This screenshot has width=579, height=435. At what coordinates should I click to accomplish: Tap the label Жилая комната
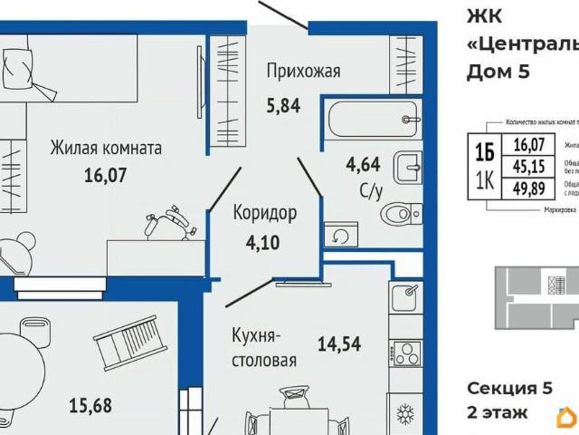coord(106,147)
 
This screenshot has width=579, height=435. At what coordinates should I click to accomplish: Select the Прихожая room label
coord(303,70)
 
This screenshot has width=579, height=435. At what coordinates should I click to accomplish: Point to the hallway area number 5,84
coord(282,103)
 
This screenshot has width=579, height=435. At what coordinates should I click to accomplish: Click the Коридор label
coord(264,213)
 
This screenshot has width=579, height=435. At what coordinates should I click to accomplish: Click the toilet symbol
coord(397,214)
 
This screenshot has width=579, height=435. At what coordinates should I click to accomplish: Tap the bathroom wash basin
coord(408,167)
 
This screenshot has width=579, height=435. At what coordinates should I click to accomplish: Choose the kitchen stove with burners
coord(405,353)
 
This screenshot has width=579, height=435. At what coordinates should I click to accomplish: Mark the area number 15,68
coord(90,405)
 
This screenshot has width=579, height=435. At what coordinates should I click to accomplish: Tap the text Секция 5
coord(509,389)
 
